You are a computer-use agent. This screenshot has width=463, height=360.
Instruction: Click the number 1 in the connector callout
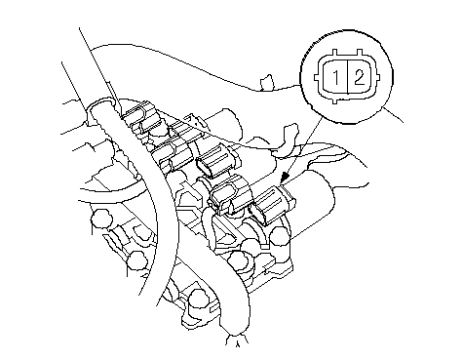(336, 78)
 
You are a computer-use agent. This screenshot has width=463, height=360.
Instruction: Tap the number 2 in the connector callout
(360, 78)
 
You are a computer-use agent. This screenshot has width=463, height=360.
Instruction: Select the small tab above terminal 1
(335, 53)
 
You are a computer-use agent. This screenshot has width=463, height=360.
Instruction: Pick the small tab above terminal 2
(360, 53)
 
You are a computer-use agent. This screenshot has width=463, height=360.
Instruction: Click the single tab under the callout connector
(335, 101)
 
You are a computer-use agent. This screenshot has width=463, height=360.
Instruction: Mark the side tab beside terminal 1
(316, 78)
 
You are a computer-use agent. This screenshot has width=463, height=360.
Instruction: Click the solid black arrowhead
(285, 178)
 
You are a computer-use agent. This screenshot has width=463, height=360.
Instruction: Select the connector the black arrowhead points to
(272, 204)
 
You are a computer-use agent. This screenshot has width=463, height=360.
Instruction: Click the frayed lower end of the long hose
(237, 340)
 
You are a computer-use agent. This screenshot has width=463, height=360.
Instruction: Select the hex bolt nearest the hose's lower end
(199, 299)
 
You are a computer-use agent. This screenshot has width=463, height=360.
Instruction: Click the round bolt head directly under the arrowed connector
(280, 236)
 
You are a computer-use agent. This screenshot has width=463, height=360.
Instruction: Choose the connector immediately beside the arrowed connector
(231, 194)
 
